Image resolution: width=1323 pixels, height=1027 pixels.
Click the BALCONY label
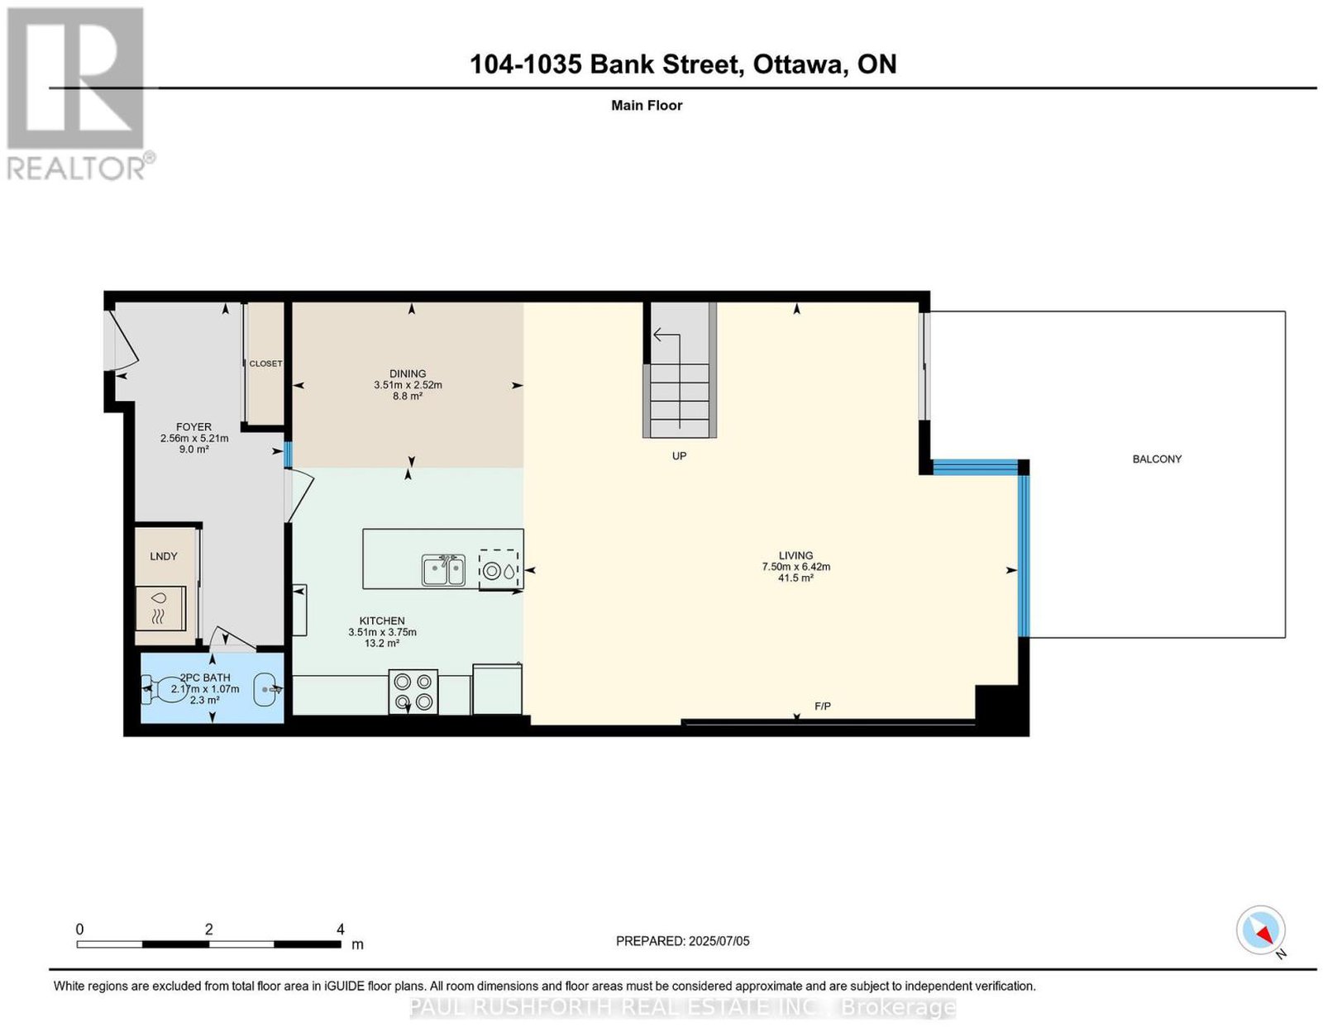pos(1156,459)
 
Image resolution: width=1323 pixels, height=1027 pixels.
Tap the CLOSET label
pos(265,364)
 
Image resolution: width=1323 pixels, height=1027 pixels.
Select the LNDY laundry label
pos(163,556)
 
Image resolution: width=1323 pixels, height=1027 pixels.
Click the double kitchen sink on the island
pos(443,570)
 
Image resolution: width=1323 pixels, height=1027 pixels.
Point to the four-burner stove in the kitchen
pos(413,692)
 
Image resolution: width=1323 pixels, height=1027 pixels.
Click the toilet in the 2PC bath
pos(164,689)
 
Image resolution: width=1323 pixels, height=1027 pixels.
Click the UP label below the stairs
pos(679,456)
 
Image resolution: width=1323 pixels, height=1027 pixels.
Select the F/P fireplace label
pos(822,706)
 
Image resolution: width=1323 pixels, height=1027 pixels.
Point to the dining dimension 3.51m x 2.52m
pos(408,385)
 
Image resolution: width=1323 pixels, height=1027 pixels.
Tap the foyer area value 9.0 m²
pos(194,449)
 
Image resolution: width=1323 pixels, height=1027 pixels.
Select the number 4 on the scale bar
pos(341,929)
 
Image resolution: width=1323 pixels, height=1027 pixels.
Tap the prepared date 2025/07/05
pos(719,941)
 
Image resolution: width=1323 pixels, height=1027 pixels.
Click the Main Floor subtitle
pos(647,105)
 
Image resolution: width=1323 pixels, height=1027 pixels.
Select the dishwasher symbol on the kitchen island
pos(499,570)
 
